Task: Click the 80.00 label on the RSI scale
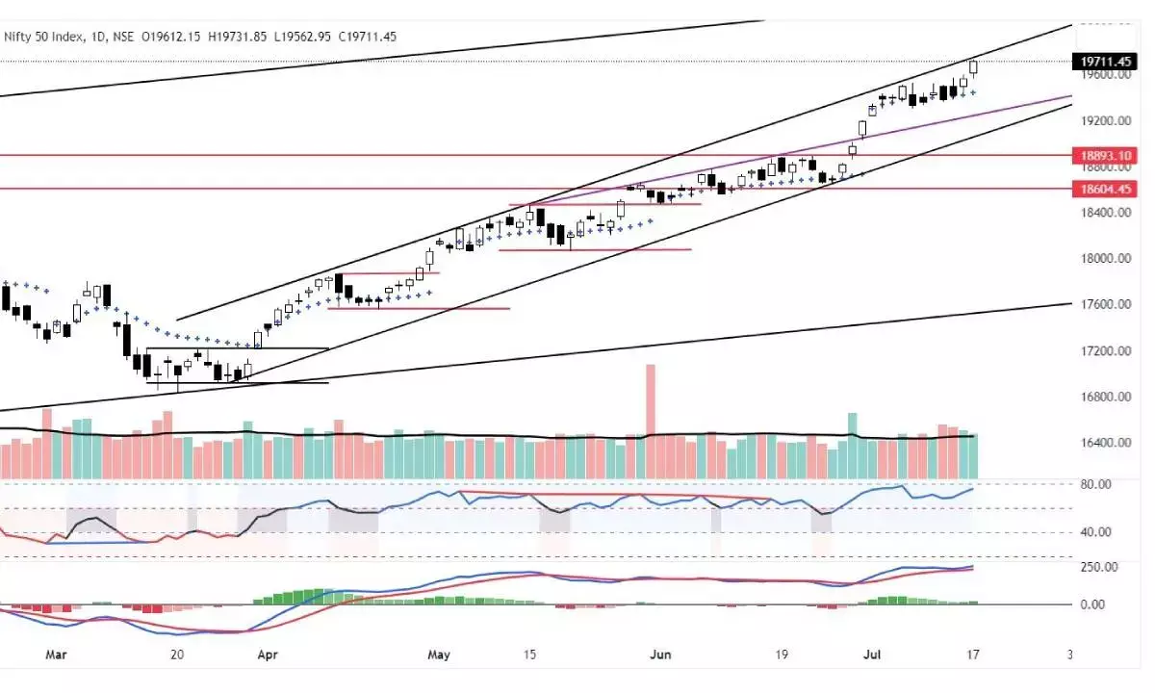click(x=1096, y=484)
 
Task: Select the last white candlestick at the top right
click(x=974, y=67)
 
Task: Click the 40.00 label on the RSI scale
click(x=1096, y=531)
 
